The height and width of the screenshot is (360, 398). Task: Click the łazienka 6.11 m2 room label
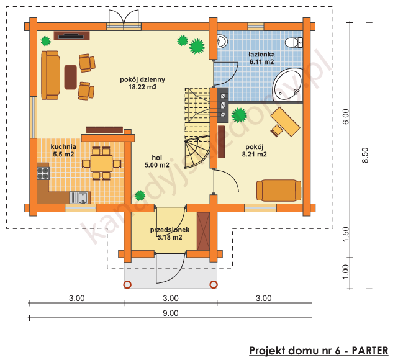point(261,58)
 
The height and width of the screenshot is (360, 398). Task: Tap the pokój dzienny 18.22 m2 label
point(142,83)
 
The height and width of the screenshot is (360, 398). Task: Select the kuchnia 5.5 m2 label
point(63,150)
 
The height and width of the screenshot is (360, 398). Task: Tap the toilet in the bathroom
point(292,43)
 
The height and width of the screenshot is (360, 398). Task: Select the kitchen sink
point(79,197)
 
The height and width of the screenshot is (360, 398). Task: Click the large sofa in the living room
point(51,75)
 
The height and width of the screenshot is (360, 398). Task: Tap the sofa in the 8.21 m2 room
point(278,190)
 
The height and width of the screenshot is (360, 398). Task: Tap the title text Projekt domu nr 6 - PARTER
point(319,350)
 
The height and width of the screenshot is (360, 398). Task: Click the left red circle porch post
point(127,285)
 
